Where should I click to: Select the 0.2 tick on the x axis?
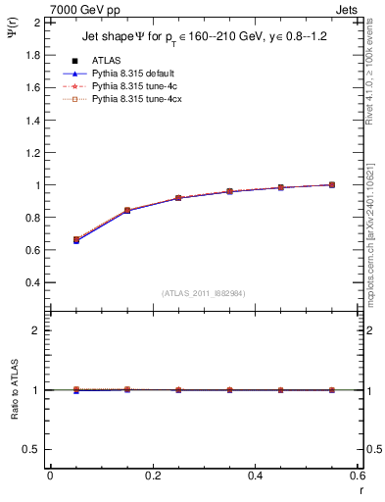tap(152, 476)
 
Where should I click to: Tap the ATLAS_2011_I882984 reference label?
tap(205, 293)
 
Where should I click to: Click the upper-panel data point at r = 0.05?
tap(76, 240)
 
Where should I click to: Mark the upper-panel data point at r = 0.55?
tap(331, 184)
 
